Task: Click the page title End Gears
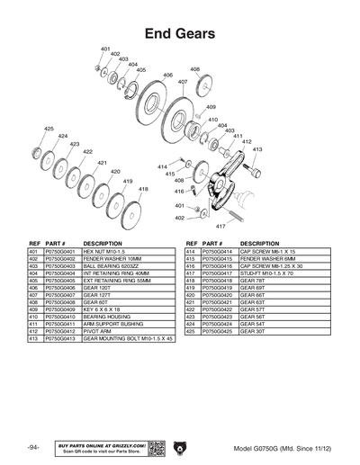tap(179, 34)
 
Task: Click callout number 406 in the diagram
tap(167, 76)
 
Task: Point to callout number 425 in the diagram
tap(49, 129)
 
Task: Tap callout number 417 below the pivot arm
tap(220, 226)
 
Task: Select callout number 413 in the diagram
tap(257, 150)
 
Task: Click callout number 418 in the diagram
tap(143, 189)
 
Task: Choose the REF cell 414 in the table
tap(191, 251)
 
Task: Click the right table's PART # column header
tap(214, 243)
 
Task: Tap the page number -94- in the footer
tap(33, 447)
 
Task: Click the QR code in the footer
tap(154, 447)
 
